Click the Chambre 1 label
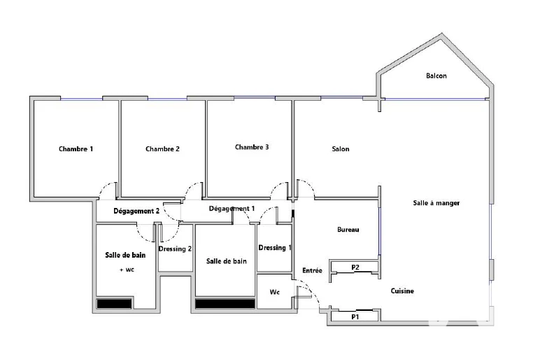click(x=76, y=149)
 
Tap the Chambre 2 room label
click(x=162, y=149)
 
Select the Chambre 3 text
click(x=252, y=147)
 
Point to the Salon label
click(x=341, y=149)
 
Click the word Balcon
click(x=436, y=76)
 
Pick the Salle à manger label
click(x=436, y=203)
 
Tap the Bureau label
click(x=348, y=230)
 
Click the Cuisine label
click(x=402, y=291)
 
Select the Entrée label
click(x=313, y=271)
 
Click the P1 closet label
click(x=355, y=316)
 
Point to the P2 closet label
click(x=355, y=267)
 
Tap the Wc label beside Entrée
click(x=274, y=293)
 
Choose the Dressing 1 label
click(x=275, y=248)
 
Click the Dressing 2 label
click(x=175, y=249)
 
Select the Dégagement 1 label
click(x=232, y=209)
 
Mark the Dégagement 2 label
click(x=136, y=211)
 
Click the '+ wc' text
click(x=127, y=270)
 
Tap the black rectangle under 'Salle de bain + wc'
click(x=114, y=304)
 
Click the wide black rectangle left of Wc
click(x=225, y=304)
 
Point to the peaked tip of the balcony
click(x=442, y=34)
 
